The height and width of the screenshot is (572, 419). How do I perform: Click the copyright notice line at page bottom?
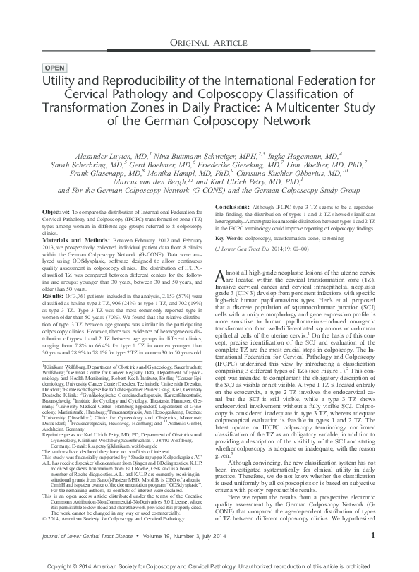209,564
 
